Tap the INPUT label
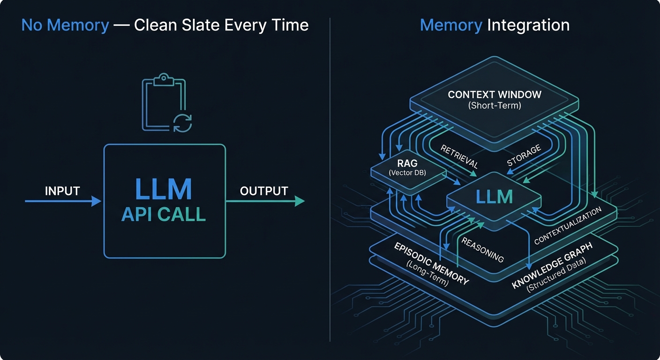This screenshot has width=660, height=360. tap(62, 191)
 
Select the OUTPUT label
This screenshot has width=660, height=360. tap(264, 191)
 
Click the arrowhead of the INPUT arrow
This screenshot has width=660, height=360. tap(97, 201)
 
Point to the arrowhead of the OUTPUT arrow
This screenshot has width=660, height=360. tap(300, 201)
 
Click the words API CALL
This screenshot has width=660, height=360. tap(164, 214)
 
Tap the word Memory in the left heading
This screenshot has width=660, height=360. tap(65, 25)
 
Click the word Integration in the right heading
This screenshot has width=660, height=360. tap(528, 25)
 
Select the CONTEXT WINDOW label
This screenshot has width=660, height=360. tap(495, 95)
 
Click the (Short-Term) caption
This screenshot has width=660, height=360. tap(495, 106)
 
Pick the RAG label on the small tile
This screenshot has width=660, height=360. tap(404, 164)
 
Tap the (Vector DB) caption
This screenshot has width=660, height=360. tap(404, 173)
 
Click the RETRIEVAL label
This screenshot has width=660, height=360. tap(459, 157)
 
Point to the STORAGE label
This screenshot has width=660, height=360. tap(524, 156)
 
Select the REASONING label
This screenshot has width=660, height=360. tap(482, 249)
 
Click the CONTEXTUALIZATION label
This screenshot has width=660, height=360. tap(568, 226)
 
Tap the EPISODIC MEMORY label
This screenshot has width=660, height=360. tap(431, 263)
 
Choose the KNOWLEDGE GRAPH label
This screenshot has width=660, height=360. tap(552, 265)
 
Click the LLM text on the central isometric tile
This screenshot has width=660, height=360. tap(494, 197)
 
